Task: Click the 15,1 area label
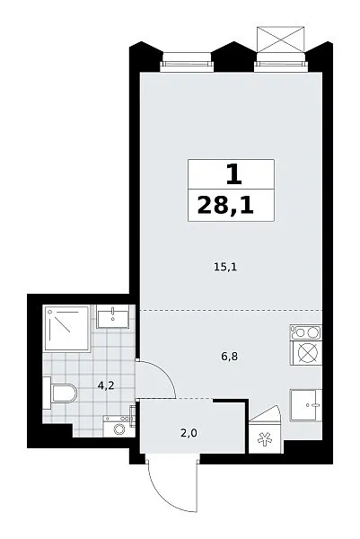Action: pyautogui.click(x=225, y=267)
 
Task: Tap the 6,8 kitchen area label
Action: pyautogui.click(x=230, y=357)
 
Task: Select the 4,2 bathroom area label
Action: pyautogui.click(x=106, y=385)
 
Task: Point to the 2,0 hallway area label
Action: pyautogui.click(x=189, y=433)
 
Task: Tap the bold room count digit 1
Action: pyautogui.click(x=234, y=175)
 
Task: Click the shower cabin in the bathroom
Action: pyautogui.click(x=66, y=328)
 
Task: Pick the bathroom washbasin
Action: pyautogui.click(x=113, y=316)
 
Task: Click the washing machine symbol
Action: pyautogui.click(x=119, y=426)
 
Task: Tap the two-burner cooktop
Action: pyautogui.click(x=306, y=332)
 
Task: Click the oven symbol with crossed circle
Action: pyautogui.click(x=306, y=353)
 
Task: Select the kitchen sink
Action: pyautogui.click(x=306, y=405)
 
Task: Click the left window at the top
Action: pyautogui.click(x=187, y=62)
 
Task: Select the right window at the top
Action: pyautogui.click(x=281, y=62)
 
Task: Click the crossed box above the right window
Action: pyautogui.click(x=281, y=39)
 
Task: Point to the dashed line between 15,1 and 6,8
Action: pyautogui.click(x=231, y=310)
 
